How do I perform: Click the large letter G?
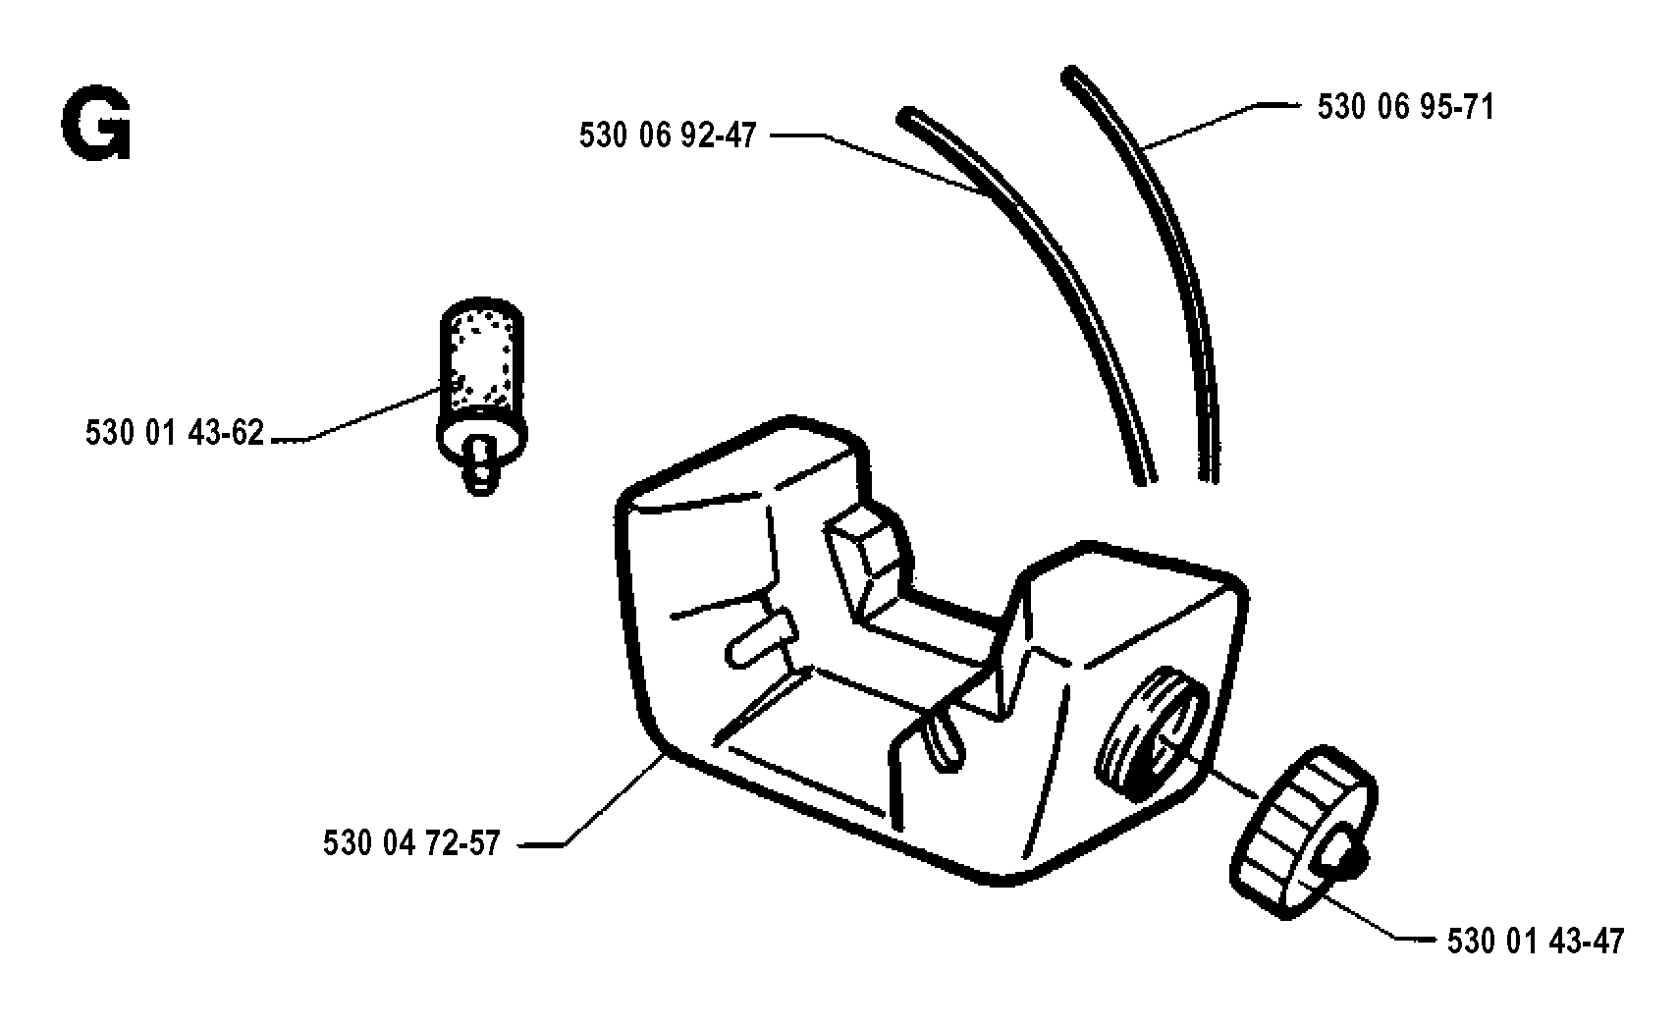coord(96,125)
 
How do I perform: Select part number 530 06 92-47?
coord(668,135)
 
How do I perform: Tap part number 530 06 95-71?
coord(1405,107)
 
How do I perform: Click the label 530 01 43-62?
coord(175,433)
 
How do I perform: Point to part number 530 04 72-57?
coord(411,843)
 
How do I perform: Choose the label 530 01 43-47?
coord(1535,942)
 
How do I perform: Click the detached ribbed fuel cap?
coord(1303,832)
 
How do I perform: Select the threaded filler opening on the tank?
coord(1152,733)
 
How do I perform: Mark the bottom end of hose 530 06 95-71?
coord(1209,477)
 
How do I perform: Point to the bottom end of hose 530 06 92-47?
coord(1146,479)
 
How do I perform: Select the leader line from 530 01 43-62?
coord(355,413)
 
